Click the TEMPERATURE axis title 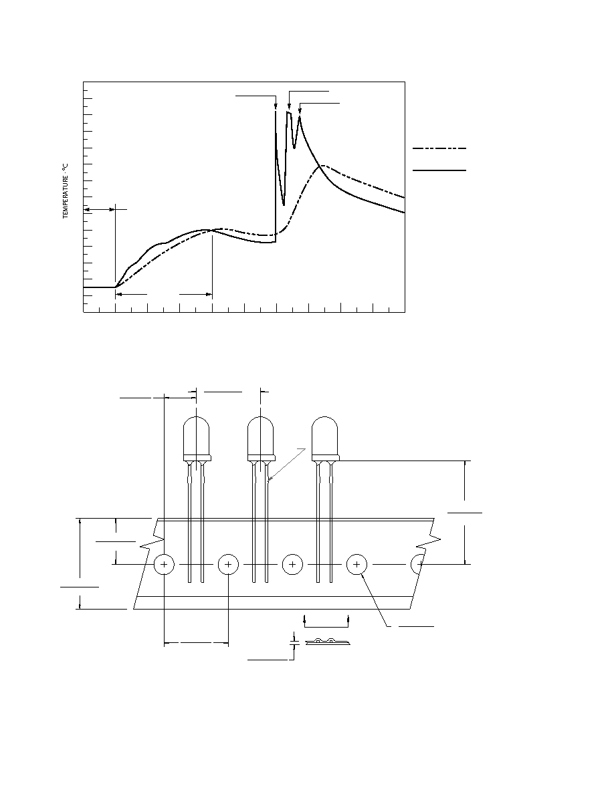pyautogui.click(x=66, y=191)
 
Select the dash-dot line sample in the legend pyautogui.click(x=439, y=148)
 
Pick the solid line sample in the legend pyautogui.click(x=439, y=170)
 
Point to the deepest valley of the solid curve pyautogui.click(x=284, y=205)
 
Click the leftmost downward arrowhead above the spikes pyautogui.click(x=276, y=106)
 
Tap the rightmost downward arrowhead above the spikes pyautogui.click(x=300, y=111)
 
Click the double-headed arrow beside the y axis pyautogui.click(x=100, y=209)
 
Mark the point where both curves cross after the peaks pyautogui.click(x=318, y=166)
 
